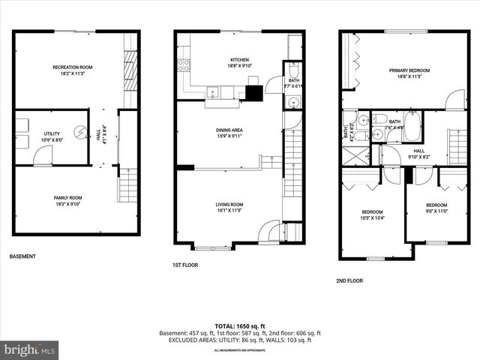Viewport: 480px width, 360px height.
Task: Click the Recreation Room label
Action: tap(72, 67)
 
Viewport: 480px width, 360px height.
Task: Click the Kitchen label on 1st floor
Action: tap(239, 60)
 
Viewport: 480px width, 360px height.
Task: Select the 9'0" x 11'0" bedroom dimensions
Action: tap(436, 211)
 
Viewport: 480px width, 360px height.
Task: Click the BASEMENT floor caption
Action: tap(22, 256)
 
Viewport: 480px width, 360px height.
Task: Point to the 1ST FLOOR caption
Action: tap(185, 265)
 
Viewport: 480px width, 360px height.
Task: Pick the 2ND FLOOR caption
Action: tap(349, 280)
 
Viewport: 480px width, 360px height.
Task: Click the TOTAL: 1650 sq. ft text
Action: tap(240, 325)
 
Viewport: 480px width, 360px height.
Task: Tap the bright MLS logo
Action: tap(30, 349)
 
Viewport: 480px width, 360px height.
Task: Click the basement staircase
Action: tap(128, 185)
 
